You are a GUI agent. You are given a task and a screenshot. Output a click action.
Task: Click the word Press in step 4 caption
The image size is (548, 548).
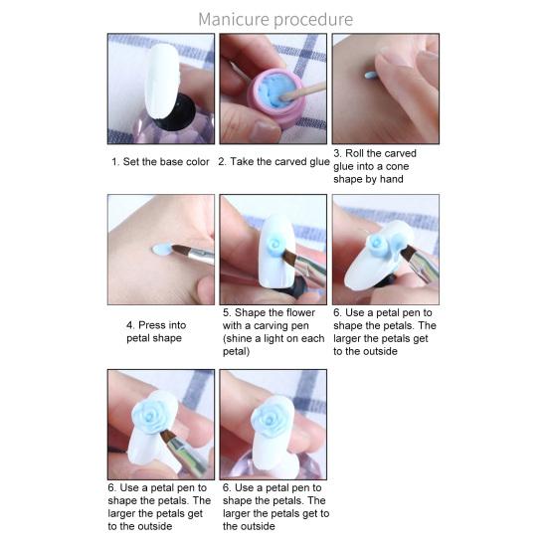[152, 324]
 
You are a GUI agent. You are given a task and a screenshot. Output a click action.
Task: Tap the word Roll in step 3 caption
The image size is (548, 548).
[359, 153]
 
